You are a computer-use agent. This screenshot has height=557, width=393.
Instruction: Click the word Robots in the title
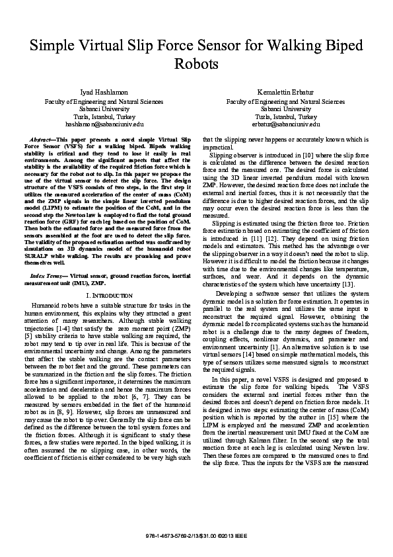196,65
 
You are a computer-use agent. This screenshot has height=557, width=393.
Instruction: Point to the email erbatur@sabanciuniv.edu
285,124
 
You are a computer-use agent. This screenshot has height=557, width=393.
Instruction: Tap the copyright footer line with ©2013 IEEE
196,534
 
